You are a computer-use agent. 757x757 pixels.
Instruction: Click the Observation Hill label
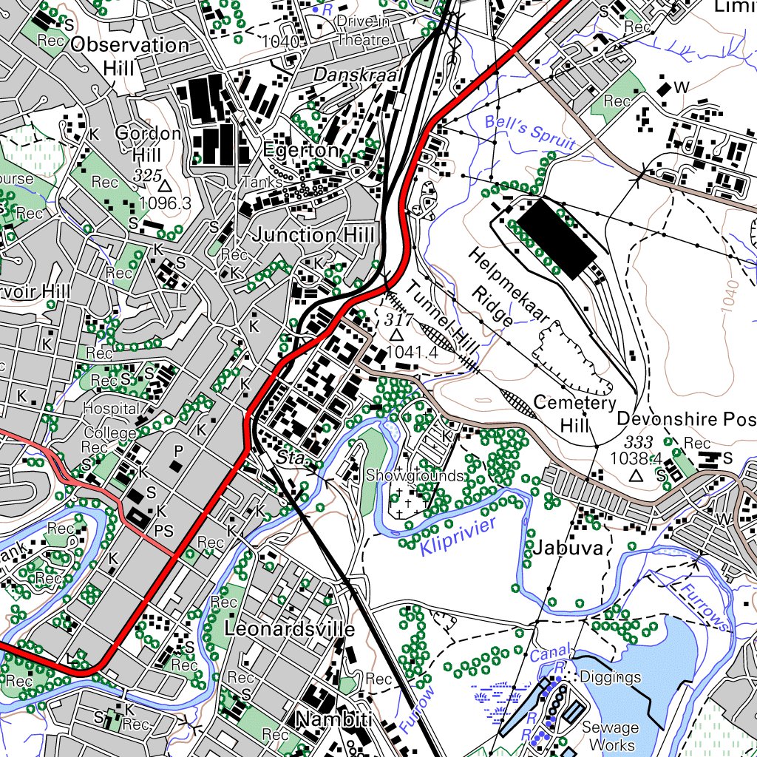(129, 56)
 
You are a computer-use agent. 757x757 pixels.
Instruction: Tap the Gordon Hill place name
(148, 144)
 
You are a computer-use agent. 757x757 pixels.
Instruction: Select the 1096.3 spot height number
(164, 203)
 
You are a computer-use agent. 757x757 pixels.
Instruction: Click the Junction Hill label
(314, 235)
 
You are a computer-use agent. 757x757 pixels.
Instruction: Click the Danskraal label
(357, 75)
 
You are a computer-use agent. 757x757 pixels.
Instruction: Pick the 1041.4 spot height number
(412, 353)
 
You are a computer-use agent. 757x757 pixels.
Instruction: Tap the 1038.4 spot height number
(635, 458)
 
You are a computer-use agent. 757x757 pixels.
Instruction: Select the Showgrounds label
(414, 475)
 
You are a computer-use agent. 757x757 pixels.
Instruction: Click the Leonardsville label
(289, 629)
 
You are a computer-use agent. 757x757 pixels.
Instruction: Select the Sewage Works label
(608, 736)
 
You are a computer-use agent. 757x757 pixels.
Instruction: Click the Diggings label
(610, 677)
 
